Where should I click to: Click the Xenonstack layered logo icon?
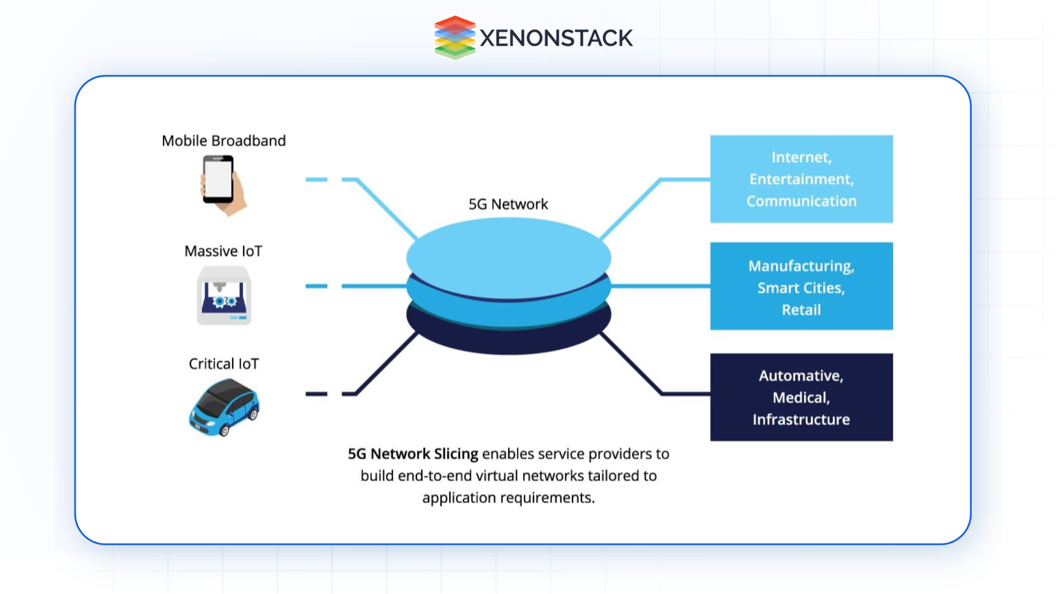pos(454,37)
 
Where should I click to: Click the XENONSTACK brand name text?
pos(556,38)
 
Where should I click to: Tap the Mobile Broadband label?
pos(223,141)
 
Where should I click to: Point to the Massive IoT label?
pos(223,251)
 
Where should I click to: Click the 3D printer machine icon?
pos(224,295)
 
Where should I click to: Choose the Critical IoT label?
pos(223,364)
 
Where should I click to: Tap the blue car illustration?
pos(224,408)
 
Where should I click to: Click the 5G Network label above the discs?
pos(508,205)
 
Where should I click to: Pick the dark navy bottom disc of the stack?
pos(508,341)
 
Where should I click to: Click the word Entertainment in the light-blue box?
pos(801,179)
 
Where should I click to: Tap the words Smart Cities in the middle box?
pos(801,288)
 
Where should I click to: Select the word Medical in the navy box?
pos(801,398)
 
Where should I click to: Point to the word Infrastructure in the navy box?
pos(801,420)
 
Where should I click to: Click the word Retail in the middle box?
pos(801,310)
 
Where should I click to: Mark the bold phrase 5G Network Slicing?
pos(413,454)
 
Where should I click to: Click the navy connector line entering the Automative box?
pos(685,394)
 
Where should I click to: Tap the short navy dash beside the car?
pos(316,394)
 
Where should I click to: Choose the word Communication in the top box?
pos(801,201)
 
